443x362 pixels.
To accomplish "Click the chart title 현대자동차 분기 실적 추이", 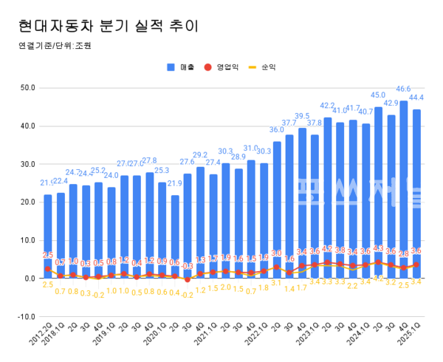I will click(108, 27).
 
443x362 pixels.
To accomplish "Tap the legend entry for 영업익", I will click(221, 67).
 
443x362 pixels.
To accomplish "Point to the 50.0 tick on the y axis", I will click(27, 88).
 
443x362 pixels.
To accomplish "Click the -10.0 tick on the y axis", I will click(26, 317).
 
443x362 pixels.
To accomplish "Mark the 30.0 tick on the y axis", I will click(27, 164).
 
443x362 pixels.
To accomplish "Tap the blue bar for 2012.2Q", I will click(48, 236).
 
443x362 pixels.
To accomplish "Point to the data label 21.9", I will click(175, 183).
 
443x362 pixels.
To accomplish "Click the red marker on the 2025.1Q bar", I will click(416, 264).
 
